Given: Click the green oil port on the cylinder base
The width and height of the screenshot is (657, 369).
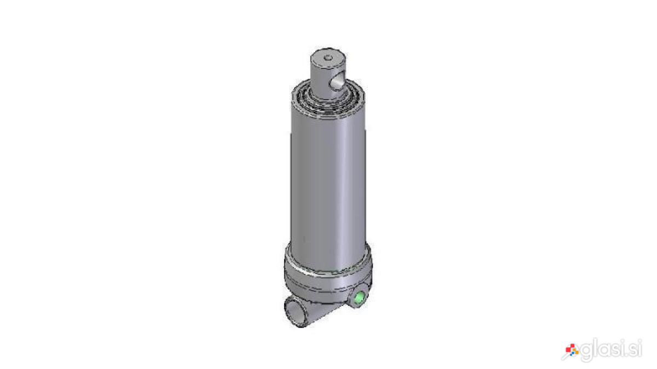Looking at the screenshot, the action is click(359, 298).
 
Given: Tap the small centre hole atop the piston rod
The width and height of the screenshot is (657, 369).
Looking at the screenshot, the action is click(328, 58).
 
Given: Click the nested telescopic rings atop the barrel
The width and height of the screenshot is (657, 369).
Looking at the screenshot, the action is click(328, 99).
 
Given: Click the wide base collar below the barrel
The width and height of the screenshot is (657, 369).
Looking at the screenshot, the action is click(328, 278).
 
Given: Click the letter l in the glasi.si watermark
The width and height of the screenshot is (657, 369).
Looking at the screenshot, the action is click(595, 347).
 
